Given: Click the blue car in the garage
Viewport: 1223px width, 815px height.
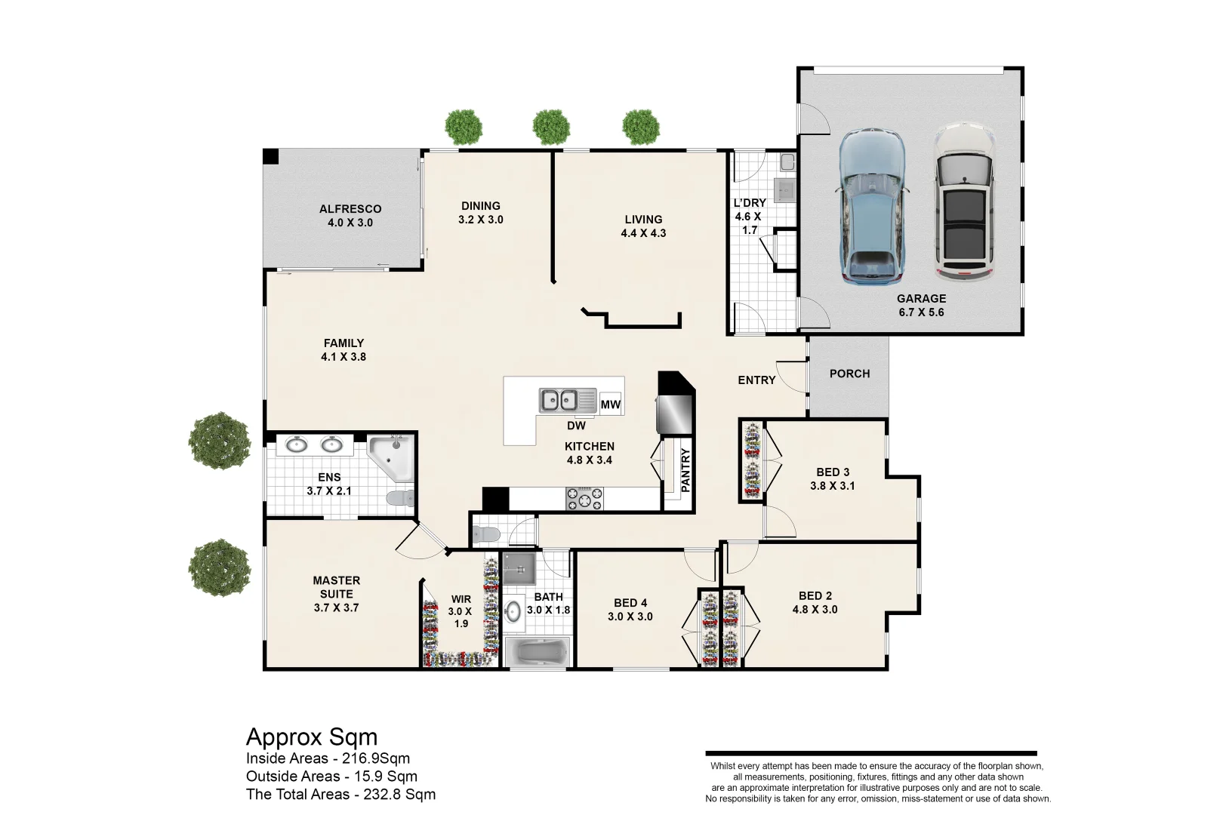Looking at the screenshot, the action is coord(872,207).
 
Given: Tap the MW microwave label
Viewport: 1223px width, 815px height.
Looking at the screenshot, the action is coord(611,404).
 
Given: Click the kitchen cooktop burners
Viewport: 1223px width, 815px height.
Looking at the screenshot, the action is coord(584,498).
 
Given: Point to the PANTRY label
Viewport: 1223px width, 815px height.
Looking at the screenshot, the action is coord(685,470).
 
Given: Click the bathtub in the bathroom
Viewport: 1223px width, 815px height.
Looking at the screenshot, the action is coord(538,652).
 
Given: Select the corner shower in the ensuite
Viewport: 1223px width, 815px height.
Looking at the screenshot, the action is coord(391,458).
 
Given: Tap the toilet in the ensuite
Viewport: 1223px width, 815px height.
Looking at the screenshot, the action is coord(401,498).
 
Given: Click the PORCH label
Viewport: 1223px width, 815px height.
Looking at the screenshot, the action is coord(849,374).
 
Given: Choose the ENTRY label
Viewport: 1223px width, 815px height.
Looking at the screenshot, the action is coord(756,380).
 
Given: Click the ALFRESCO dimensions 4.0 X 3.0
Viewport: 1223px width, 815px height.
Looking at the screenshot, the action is coord(350,223).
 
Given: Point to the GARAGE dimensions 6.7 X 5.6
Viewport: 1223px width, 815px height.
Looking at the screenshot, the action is coord(921,312).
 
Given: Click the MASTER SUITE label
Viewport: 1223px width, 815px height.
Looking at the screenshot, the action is coord(337,587).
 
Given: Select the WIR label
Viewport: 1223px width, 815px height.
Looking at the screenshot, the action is coord(461,599).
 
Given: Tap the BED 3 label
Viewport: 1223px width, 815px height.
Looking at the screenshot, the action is coord(833,472).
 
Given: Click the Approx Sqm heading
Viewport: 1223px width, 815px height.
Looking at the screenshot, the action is coord(312,737).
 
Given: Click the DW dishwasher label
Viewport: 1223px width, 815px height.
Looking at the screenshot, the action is coord(576,426).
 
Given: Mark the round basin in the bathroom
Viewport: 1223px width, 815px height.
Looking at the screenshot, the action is coord(512,612).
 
